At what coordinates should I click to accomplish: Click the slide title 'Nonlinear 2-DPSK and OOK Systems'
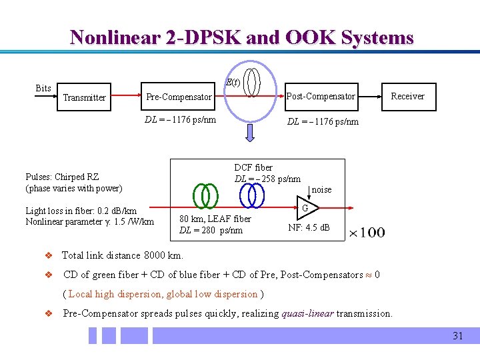(241, 37)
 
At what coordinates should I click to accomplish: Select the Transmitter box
(84, 97)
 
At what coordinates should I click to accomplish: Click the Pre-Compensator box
(179, 97)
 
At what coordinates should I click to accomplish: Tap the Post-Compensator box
(321, 96)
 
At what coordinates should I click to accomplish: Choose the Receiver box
(407, 96)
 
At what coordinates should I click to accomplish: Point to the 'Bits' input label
(43, 88)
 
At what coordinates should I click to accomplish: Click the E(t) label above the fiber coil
(233, 82)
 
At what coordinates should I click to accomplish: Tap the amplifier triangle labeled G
(304, 209)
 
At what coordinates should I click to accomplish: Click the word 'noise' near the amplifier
(321, 189)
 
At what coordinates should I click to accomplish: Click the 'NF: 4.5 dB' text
(309, 227)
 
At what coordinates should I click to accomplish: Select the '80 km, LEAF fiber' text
(215, 219)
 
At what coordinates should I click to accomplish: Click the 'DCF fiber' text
(253, 167)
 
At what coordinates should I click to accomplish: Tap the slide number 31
(457, 336)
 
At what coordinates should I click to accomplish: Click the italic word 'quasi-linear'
(307, 313)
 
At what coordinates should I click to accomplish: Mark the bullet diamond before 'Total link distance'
(47, 255)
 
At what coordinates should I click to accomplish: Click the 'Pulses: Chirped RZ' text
(62, 177)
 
